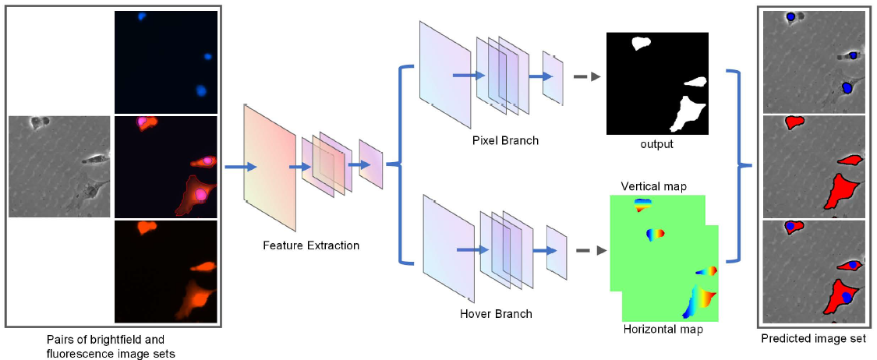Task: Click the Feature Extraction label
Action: (311, 245)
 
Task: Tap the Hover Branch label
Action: (497, 314)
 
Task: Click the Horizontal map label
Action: (663, 330)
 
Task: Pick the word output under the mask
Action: (656, 144)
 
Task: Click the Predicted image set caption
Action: (812, 339)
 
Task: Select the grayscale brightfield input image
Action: (59, 166)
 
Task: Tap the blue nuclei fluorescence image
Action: (165, 62)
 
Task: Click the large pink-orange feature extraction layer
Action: (270, 168)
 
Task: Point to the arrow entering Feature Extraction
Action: (239, 167)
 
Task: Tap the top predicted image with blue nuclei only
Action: (814, 61)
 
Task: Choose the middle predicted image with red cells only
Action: (814, 166)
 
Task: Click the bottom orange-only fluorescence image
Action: (165, 271)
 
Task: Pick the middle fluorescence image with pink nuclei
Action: (165, 166)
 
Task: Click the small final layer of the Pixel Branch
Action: (553, 78)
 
